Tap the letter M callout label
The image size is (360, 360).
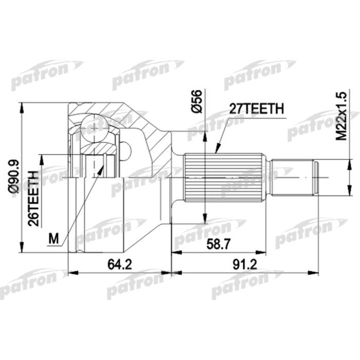[x=53, y=238]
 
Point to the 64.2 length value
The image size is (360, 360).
[x=119, y=264]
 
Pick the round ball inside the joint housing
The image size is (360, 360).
[x=95, y=125]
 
